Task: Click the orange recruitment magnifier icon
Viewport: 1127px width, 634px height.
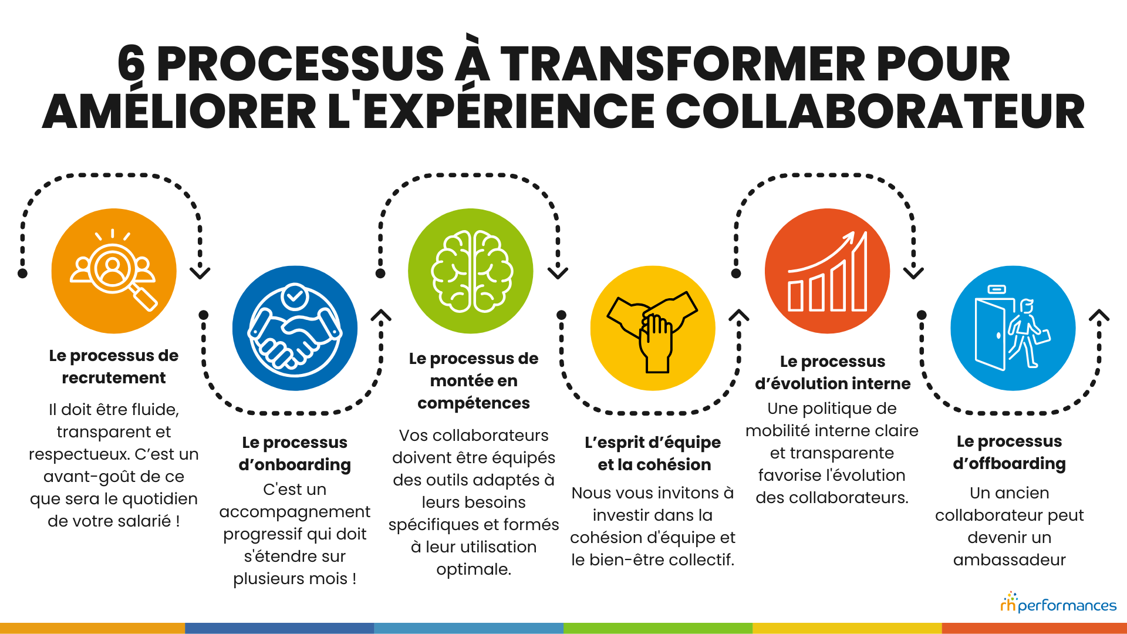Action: pyautogui.click(x=114, y=271)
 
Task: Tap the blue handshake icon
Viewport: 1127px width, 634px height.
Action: pyautogui.click(x=295, y=328)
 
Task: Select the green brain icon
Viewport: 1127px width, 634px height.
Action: pyautogui.click(x=471, y=271)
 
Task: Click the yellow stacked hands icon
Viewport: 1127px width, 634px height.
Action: pyautogui.click(x=653, y=328)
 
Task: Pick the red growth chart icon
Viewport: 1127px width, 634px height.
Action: pyautogui.click(x=827, y=271)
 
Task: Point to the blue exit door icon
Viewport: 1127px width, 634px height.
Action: pyautogui.click(x=1013, y=328)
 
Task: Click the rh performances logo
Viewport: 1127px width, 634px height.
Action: pyautogui.click(x=1058, y=603)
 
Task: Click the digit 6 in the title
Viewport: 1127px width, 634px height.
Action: pyautogui.click(x=131, y=65)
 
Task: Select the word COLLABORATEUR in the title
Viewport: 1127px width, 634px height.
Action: pyautogui.click(x=875, y=112)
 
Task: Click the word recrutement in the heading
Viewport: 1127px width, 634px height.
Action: pyautogui.click(x=114, y=378)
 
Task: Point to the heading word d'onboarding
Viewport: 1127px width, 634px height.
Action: pyautogui.click(x=295, y=465)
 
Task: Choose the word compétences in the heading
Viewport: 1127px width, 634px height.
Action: pyautogui.click(x=474, y=403)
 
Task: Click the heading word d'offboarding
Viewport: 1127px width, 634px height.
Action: pyautogui.click(x=1009, y=464)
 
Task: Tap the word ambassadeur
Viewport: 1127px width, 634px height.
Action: pyautogui.click(x=1009, y=560)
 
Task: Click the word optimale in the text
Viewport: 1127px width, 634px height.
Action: pyautogui.click(x=473, y=569)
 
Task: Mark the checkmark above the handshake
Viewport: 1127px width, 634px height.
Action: pyautogui.click(x=295, y=296)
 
